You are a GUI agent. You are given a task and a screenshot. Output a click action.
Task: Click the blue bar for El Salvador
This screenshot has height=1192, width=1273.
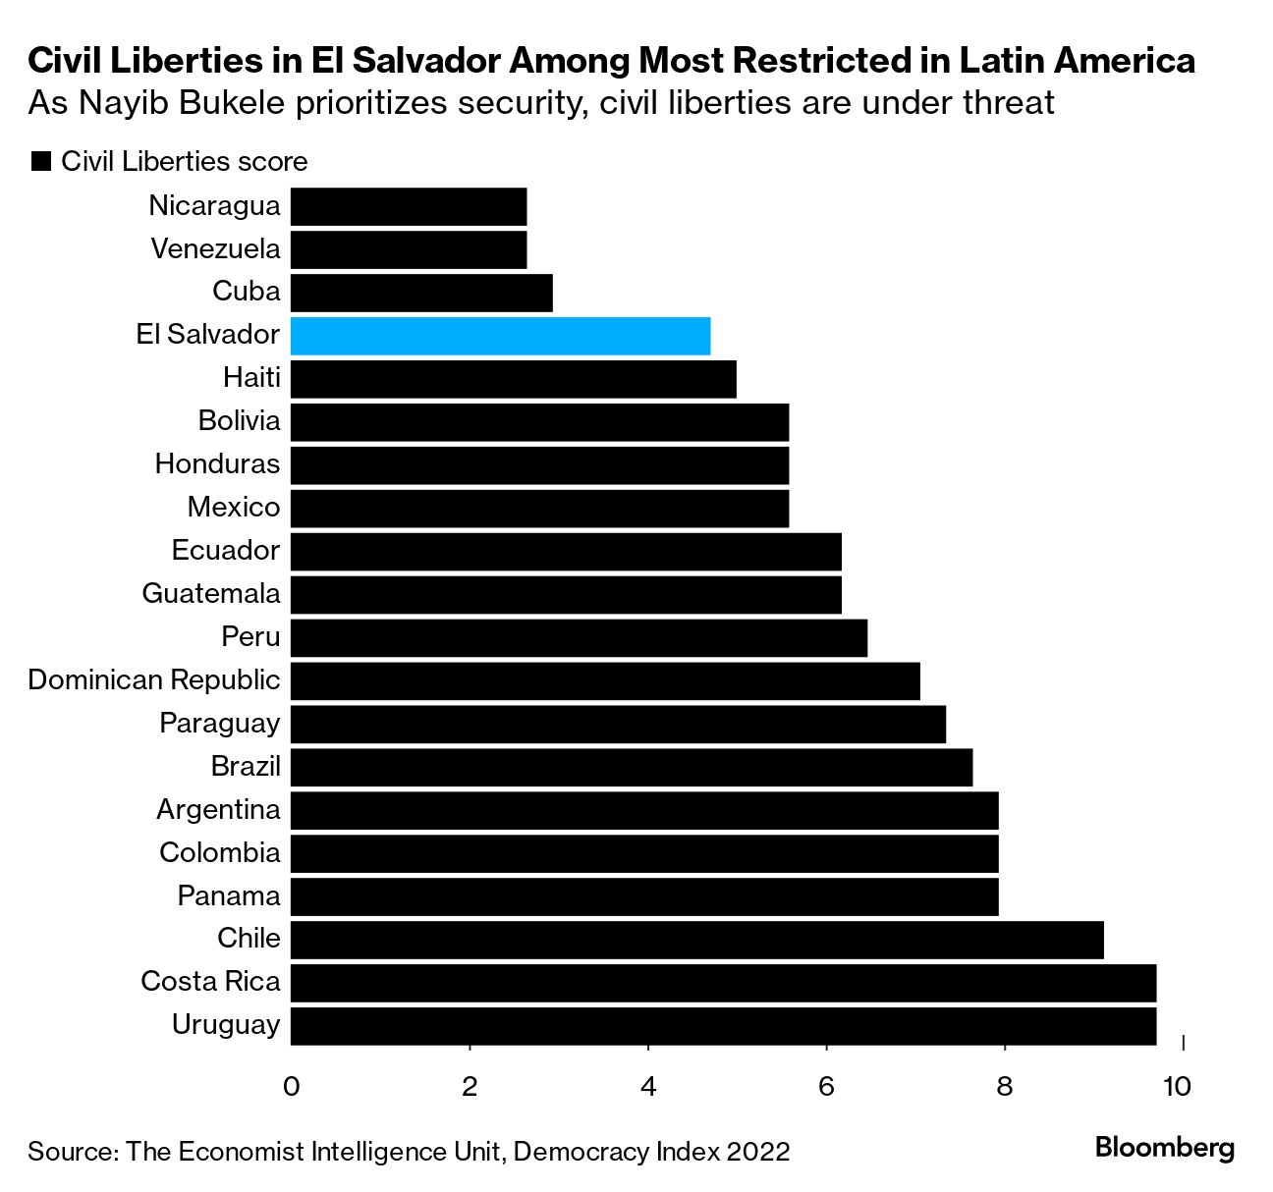pyautogui.click(x=500, y=336)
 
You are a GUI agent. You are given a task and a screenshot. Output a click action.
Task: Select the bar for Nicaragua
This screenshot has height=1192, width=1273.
pyautogui.click(x=409, y=207)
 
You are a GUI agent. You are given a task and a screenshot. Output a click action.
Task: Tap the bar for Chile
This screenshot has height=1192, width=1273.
pyautogui.click(x=696, y=940)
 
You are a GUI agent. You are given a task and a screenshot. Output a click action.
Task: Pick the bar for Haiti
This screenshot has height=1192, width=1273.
pyautogui.click(x=513, y=379)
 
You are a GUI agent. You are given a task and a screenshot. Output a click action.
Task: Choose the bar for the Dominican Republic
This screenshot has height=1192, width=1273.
pyautogui.click(x=605, y=680)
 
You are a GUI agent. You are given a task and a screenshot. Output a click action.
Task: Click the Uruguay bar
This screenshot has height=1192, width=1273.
pyautogui.click(x=723, y=1026)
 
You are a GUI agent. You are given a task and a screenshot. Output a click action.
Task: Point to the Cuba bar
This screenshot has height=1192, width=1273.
pyautogui.click(x=421, y=293)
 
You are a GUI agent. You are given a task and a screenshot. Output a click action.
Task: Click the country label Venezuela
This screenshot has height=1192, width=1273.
pyautogui.click(x=215, y=249)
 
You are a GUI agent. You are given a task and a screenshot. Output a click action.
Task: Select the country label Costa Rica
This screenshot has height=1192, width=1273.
pyautogui.click(x=210, y=982)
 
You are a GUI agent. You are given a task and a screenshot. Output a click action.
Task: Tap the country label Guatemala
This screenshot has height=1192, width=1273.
pyautogui.click(x=211, y=594)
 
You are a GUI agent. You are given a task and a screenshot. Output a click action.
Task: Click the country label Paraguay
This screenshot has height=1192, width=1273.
pyautogui.click(x=220, y=724)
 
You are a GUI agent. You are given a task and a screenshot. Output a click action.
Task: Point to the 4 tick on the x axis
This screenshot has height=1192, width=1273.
pyautogui.click(x=648, y=1086)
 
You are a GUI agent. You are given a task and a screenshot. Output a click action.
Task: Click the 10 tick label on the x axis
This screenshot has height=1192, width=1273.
pyautogui.click(x=1176, y=1086)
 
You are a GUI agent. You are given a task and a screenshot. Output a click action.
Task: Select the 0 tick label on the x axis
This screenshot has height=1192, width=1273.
pyautogui.click(x=291, y=1086)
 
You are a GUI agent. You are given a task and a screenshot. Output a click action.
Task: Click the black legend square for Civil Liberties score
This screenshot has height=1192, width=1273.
pyautogui.click(x=41, y=162)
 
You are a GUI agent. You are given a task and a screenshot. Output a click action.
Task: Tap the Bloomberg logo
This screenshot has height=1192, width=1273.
pyautogui.click(x=1164, y=1147)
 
